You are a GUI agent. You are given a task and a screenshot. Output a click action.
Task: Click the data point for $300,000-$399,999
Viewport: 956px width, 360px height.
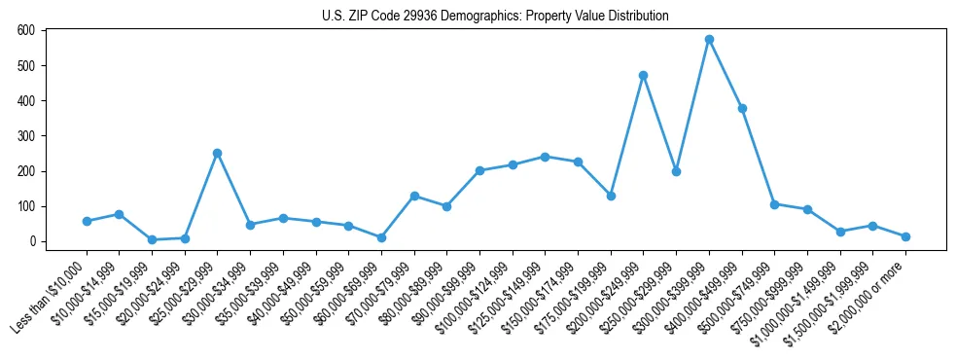tap(709, 40)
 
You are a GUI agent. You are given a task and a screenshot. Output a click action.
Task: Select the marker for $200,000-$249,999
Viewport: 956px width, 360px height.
tap(643, 75)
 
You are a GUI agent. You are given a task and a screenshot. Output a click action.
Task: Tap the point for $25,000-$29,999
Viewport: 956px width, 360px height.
tap(217, 153)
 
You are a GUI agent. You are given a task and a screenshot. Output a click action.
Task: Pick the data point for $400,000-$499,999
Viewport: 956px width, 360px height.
tap(742, 108)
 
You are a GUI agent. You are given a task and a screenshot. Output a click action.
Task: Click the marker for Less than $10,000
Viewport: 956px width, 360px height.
tap(87, 221)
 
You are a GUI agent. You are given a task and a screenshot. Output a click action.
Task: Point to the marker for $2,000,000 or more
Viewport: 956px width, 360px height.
tap(905, 236)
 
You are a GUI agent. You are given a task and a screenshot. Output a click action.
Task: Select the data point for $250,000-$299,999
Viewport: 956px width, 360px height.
tap(676, 171)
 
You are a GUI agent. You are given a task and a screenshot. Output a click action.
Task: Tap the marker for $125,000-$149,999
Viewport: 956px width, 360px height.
tap(545, 157)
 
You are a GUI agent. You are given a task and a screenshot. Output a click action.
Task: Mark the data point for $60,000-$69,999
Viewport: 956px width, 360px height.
tap(381, 237)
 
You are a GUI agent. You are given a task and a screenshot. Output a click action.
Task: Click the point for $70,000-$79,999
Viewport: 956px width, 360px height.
tap(414, 196)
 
